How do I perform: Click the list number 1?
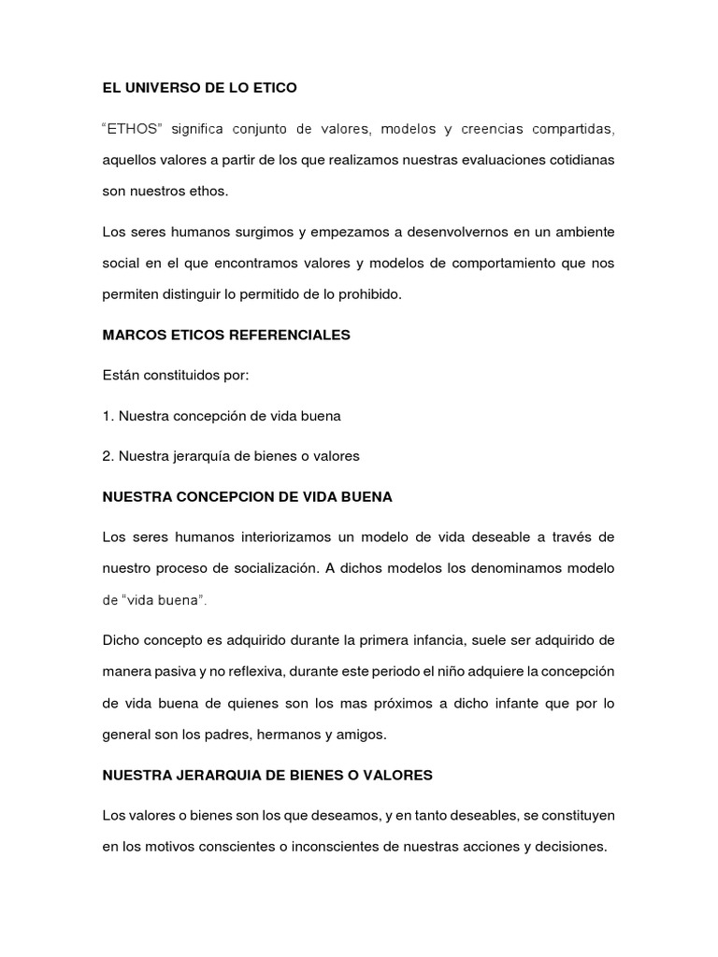point(107,415)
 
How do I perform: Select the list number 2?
point(107,456)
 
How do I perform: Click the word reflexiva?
point(260,671)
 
